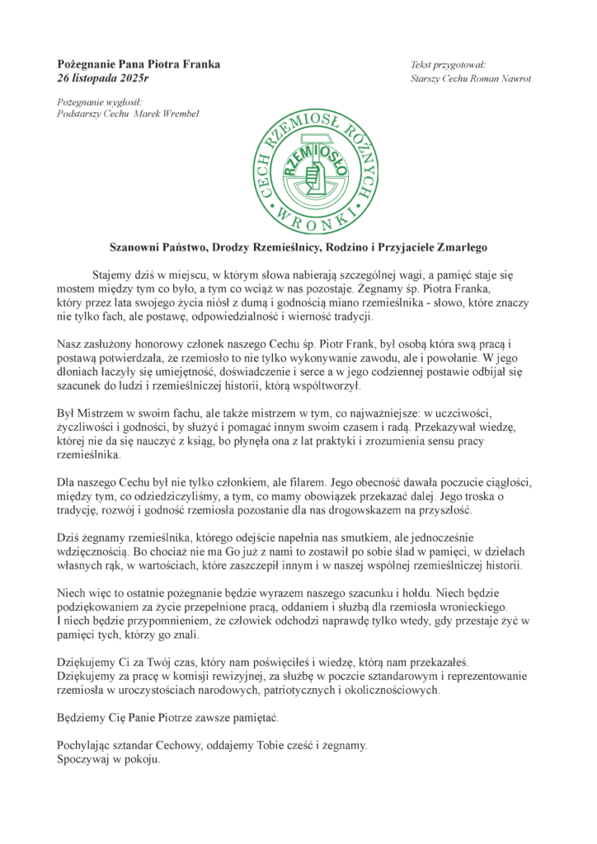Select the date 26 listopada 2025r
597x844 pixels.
(x=103, y=78)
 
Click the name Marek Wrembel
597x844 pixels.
(x=168, y=113)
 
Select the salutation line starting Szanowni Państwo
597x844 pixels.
(x=299, y=246)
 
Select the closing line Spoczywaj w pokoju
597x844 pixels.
(x=107, y=761)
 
